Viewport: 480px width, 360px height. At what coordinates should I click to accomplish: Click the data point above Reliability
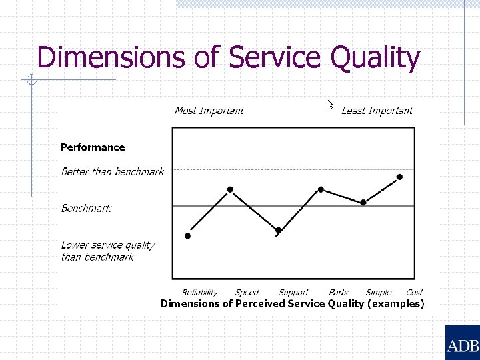(x=187, y=236)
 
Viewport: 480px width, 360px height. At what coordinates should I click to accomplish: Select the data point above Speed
(x=230, y=189)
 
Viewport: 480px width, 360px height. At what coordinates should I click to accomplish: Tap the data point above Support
(x=279, y=231)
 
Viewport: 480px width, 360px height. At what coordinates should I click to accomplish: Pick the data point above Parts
(x=321, y=189)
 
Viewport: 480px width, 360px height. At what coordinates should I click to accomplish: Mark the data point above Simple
(x=363, y=202)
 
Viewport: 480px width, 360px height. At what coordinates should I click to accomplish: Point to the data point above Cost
(x=400, y=177)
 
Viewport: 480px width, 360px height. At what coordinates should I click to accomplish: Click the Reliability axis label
(x=200, y=292)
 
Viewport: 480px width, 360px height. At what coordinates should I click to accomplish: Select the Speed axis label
(x=247, y=292)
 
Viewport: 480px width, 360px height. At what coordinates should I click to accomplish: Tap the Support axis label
(x=294, y=292)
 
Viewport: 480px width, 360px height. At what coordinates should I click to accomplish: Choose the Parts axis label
(x=339, y=292)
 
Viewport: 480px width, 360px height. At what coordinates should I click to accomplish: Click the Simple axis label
(x=379, y=292)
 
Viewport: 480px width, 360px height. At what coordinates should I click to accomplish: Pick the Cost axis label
(x=415, y=292)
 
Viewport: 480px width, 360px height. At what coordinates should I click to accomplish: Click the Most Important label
(x=209, y=111)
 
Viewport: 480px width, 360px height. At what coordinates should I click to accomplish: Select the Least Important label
(x=377, y=111)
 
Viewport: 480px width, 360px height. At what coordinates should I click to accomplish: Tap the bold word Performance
(x=93, y=147)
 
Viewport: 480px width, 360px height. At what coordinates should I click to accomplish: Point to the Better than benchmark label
(x=112, y=172)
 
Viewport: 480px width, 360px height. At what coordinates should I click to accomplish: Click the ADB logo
(x=462, y=345)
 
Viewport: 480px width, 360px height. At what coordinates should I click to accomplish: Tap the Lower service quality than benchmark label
(x=107, y=251)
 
